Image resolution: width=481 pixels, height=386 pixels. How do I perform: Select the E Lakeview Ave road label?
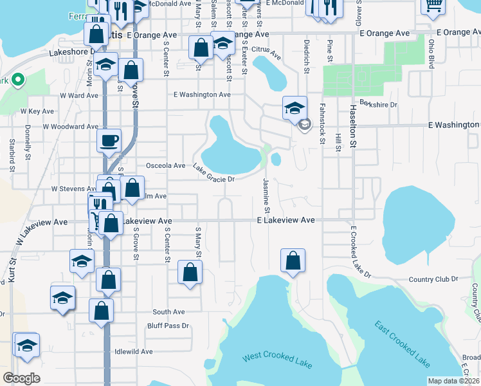(x=286, y=220)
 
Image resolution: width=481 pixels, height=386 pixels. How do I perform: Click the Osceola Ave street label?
(x=165, y=165)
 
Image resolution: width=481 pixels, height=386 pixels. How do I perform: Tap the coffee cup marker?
(x=109, y=140)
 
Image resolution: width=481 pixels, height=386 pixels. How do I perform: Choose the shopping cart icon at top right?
(x=433, y=5)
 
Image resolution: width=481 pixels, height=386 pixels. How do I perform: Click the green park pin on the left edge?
(x=17, y=81)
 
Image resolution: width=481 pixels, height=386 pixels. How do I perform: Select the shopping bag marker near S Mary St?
(x=190, y=271)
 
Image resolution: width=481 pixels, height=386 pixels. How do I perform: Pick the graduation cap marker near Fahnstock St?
(x=295, y=107)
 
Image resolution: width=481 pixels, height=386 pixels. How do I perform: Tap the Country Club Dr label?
(x=433, y=279)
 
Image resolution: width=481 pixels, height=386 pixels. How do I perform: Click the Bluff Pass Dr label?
(x=168, y=326)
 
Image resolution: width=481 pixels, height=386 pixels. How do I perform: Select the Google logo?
(x=22, y=378)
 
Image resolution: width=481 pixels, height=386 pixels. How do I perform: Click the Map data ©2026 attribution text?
(x=453, y=381)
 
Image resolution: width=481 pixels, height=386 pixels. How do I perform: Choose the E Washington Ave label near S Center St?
(x=202, y=95)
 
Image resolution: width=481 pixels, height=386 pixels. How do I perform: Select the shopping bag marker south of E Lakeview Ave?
(x=293, y=261)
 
